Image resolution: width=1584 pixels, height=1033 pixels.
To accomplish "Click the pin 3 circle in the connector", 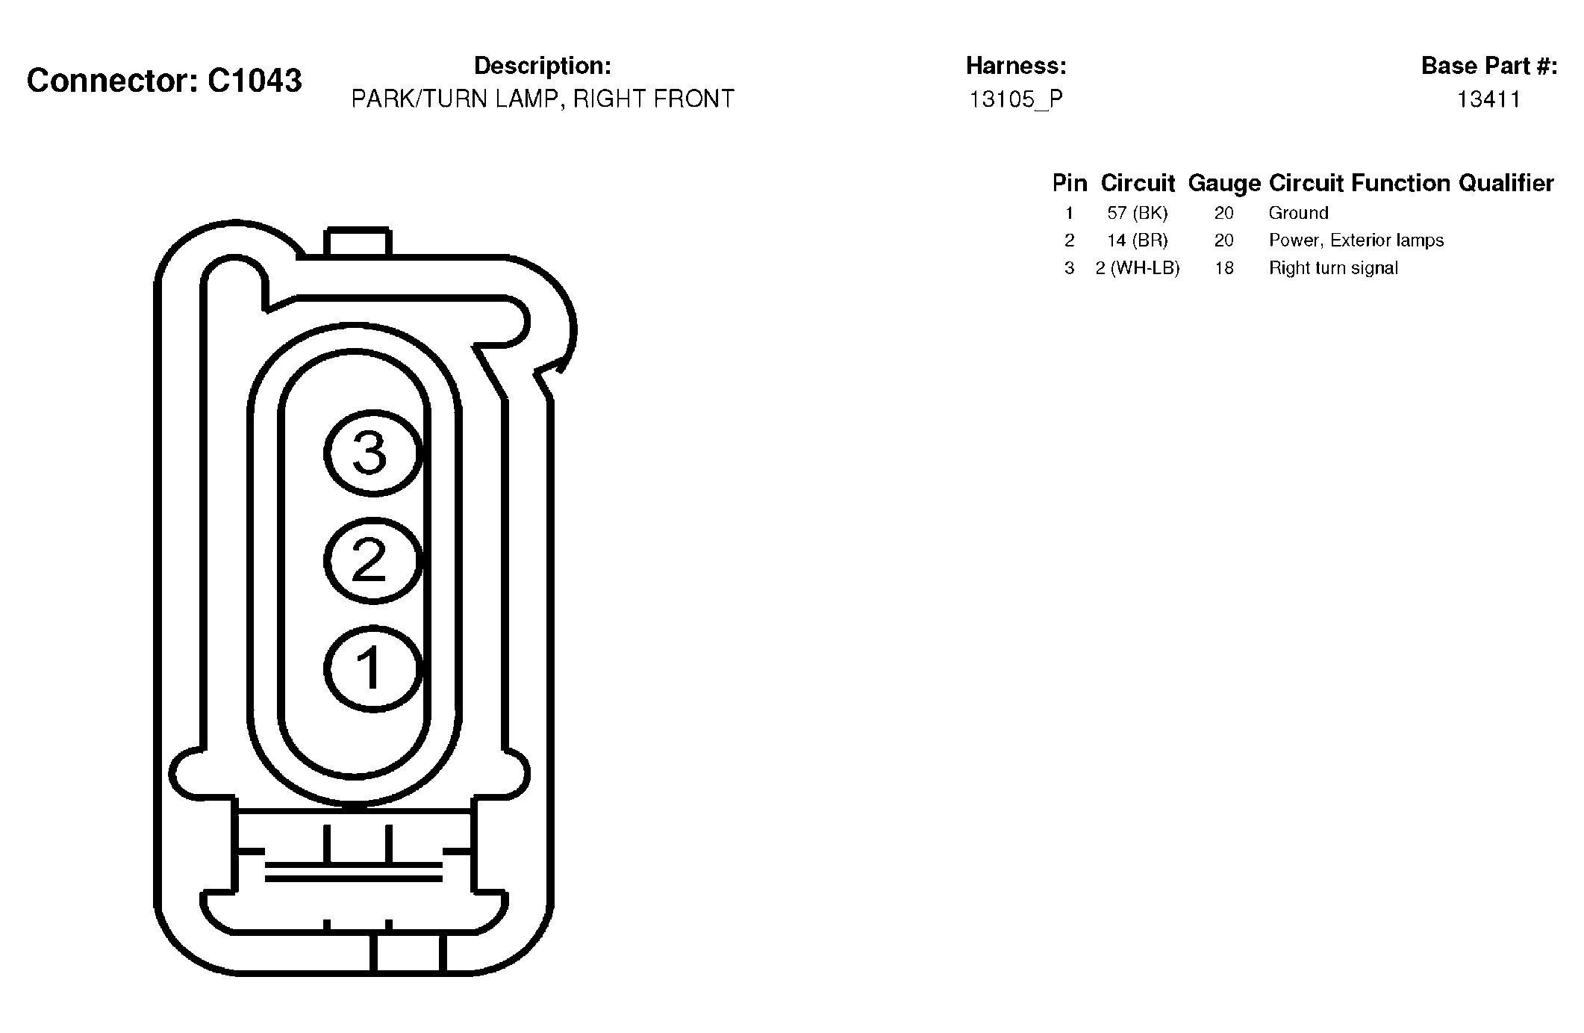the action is tap(373, 453).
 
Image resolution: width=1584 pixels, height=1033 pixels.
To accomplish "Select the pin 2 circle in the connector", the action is tap(373, 560).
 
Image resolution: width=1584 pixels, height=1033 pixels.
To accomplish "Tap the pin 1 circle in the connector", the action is tap(373, 668).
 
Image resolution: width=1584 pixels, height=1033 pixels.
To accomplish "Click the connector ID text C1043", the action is tap(255, 81).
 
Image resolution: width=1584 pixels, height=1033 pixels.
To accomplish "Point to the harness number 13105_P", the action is tap(1016, 99).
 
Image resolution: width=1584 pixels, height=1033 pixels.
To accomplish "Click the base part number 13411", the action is tap(1488, 99).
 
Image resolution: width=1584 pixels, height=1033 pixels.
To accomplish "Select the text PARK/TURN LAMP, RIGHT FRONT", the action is tap(543, 99).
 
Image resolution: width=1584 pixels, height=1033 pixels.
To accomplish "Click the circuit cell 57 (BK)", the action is tap(1138, 213).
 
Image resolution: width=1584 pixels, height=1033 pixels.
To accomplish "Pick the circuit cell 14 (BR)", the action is tap(1138, 241).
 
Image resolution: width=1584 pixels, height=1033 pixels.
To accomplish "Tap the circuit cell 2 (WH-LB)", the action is tap(1138, 268).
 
